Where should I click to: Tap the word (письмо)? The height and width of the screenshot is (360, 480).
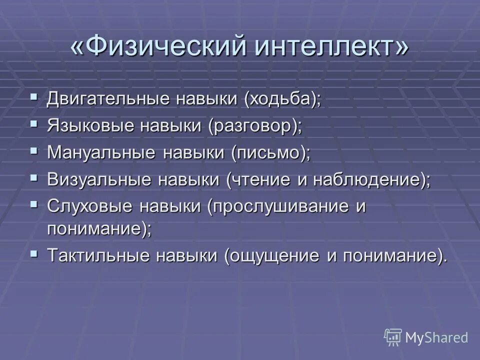[270, 152]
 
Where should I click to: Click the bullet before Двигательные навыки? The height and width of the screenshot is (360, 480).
[33, 95]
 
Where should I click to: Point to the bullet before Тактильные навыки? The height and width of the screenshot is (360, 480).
[33, 253]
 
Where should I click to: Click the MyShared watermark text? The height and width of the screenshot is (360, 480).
[436, 338]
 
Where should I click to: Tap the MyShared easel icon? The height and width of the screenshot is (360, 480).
[393, 337]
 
